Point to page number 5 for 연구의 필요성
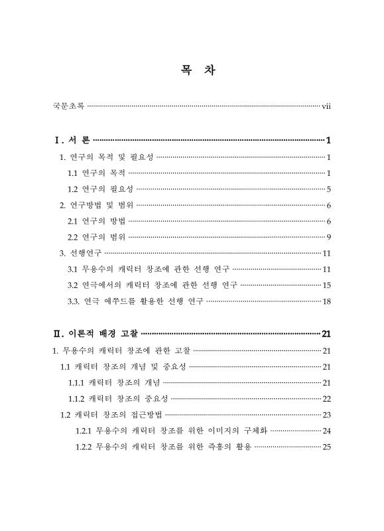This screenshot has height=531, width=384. [328, 189]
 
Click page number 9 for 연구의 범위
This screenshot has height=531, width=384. [328, 237]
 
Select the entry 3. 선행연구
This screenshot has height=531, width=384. [80, 253]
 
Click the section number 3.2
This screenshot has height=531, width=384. [73, 285]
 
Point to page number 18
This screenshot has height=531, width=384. [326, 301]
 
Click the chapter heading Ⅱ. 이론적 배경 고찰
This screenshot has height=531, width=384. [96, 334]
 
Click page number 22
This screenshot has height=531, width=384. [326, 398]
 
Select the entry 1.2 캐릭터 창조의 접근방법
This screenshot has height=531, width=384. [111, 415]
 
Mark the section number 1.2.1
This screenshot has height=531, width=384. [84, 431]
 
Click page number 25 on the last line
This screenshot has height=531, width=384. [326, 447]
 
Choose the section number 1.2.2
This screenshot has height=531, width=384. [84, 447]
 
